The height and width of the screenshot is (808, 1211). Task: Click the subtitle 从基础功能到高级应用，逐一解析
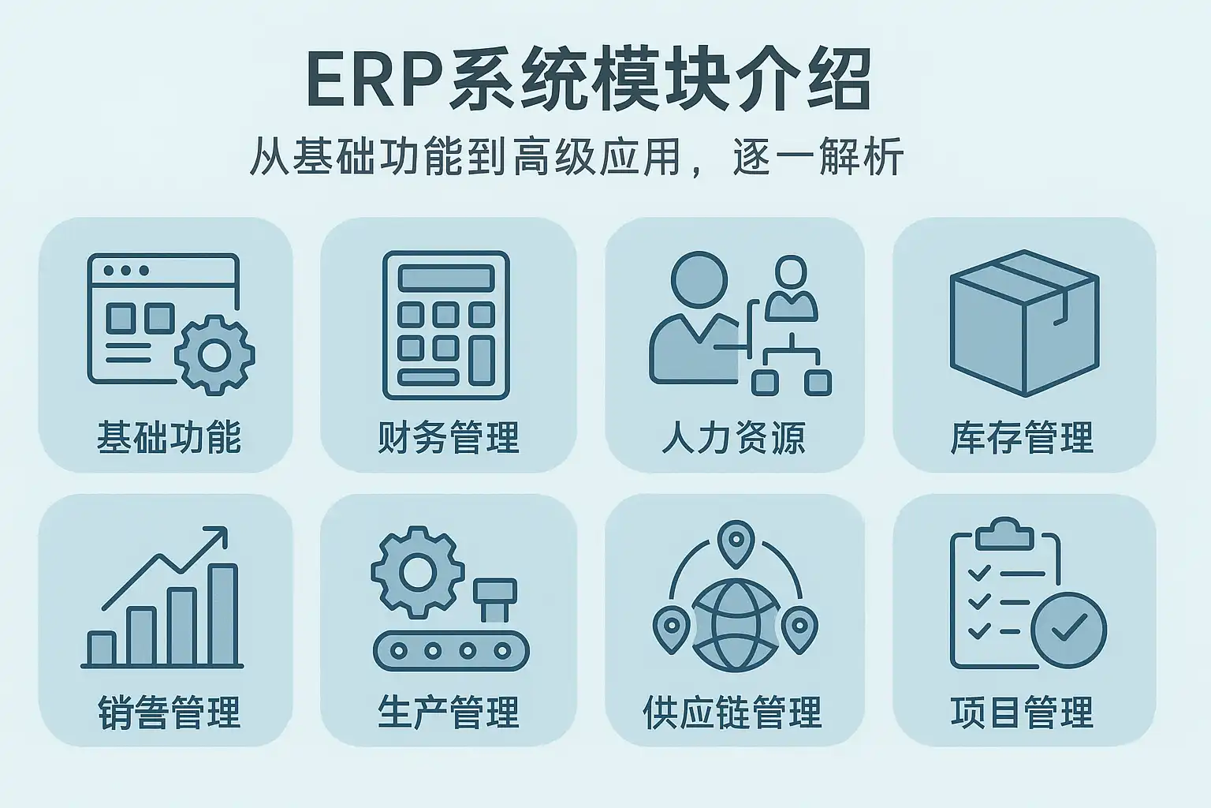(x=576, y=156)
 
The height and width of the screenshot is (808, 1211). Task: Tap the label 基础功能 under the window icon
(x=169, y=436)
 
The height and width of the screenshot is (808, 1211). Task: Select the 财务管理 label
(x=449, y=436)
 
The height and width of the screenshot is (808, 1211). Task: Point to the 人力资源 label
(x=733, y=436)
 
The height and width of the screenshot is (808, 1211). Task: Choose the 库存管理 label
(x=1023, y=436)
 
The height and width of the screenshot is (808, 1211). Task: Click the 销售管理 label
(x=169, y=712)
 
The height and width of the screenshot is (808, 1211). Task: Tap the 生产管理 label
(x=449, y=712)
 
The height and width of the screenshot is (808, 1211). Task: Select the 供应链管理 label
(x=733, y=712)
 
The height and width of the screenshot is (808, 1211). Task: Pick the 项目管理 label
(x=1023, y=712)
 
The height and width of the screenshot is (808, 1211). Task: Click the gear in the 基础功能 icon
(x=214, y=354)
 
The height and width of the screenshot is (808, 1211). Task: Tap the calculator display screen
(x=445, y=278)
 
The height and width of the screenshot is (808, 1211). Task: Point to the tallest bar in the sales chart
(x=224, y=615)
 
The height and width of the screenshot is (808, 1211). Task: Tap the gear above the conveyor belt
(x=415, y=570)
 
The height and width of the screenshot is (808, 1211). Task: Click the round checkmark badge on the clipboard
(x=1069, y=630)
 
